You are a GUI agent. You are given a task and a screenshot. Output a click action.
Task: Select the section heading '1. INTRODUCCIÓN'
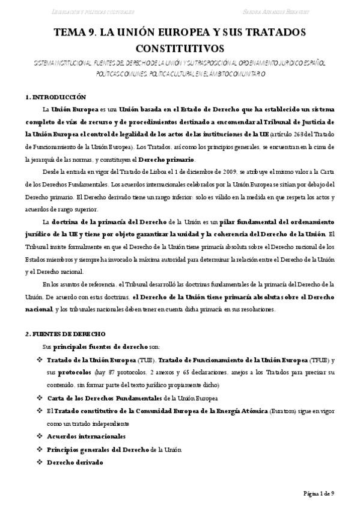point(56,97)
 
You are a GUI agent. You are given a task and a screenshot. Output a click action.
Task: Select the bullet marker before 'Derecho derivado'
point(40,462)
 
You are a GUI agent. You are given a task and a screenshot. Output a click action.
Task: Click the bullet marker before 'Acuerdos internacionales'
point(40,435)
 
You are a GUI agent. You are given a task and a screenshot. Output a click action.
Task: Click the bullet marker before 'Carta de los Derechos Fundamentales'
point(40,398)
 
